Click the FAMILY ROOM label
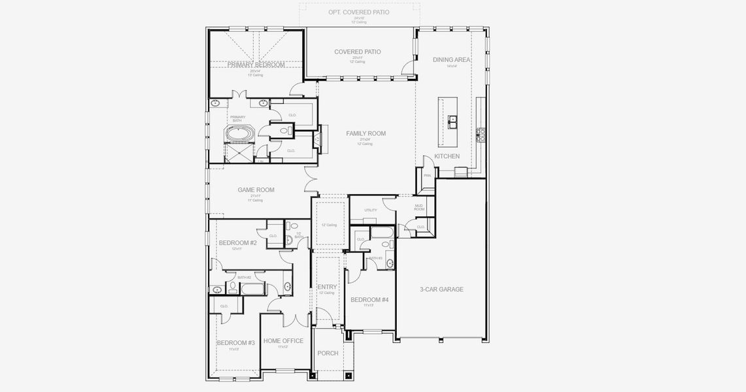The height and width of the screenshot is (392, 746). [365, 133]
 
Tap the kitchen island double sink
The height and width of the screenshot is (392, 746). [452, 121]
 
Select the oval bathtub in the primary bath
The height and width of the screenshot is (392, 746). [240, 135]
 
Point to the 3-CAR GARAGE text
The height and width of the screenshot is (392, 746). [441, 289]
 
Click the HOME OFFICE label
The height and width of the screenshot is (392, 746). [283, 341]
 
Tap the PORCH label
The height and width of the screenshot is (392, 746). [328, 353]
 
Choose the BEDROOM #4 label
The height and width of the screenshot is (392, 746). [369, 300]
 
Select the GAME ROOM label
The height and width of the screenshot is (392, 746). [256, 190]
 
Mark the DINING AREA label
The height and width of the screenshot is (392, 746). [452, 59]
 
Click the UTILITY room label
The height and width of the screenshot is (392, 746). [371, 210]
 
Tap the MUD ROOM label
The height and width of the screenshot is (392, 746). [419, 208]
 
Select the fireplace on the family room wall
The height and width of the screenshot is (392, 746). [318, 139]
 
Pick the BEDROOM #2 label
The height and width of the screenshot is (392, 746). [237, 243]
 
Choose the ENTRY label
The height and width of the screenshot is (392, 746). [327, 287]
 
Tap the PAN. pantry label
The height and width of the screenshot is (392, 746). [427, 175]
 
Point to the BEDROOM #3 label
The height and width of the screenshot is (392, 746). [235, 343]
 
